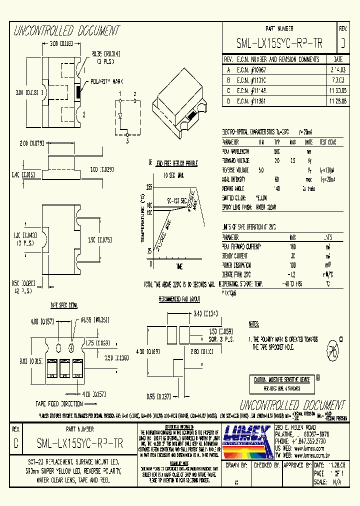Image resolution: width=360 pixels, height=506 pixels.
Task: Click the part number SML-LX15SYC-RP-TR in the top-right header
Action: click(x=279, y=44)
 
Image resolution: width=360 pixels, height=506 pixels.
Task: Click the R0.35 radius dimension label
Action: click(x=105, y=52)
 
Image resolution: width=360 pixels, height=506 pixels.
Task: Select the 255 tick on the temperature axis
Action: click(x=149, y=187)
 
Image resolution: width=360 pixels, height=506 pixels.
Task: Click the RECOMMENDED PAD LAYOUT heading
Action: click(x=179, y=299)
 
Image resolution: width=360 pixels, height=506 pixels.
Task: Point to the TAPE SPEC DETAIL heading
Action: click(x=63, y=304)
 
